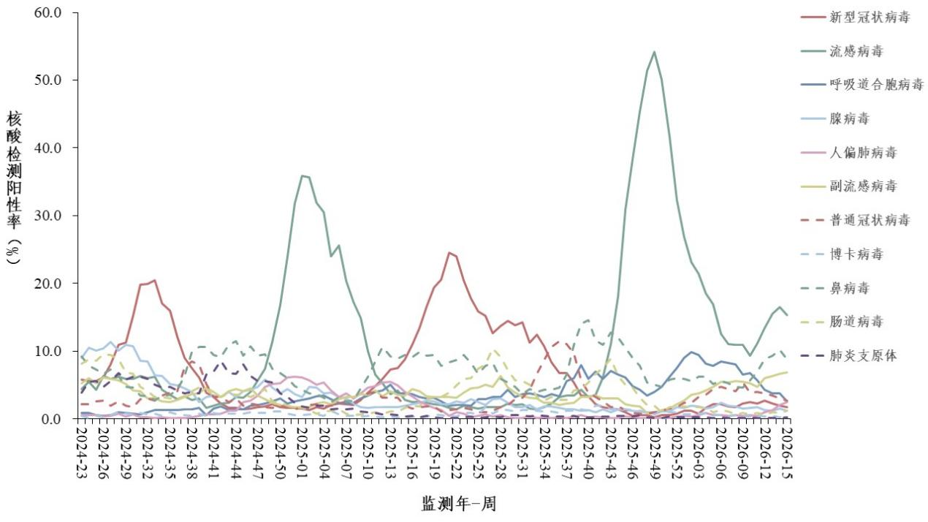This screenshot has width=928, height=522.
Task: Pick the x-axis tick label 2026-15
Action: click(788, 453)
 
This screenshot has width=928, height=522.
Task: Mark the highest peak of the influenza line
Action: click(653, 52)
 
